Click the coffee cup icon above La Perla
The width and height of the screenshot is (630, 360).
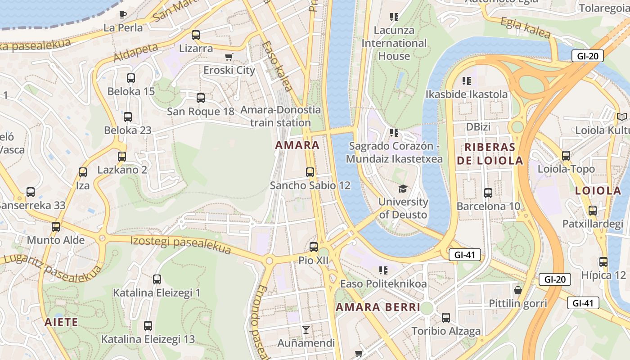[x=123, y=14]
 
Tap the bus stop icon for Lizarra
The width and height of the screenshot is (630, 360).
[x=196, y=35]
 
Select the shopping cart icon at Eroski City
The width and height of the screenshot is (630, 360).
[x=229, y=57]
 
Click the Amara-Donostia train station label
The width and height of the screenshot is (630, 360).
[x=281, y=116]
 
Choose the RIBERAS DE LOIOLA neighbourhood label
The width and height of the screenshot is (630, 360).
[x=490, y=153]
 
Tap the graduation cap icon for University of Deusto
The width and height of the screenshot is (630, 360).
[x=402, y=189]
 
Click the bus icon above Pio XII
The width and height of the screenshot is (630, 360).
[x=314, y=247]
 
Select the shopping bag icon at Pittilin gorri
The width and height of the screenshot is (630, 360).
[x=518, y=290]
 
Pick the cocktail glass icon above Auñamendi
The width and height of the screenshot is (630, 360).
[x=306, y=329]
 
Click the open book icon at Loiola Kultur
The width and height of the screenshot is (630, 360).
[x=622, y=117]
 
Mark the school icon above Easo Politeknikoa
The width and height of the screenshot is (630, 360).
[x=383, y=270]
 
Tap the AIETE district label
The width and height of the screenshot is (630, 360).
[x=61, y=322]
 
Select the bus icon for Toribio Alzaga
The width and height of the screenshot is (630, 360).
[x=446, y=318]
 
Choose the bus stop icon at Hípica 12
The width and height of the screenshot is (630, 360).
[x=603, y=262]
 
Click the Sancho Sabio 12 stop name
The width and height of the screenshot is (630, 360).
[x=310, y=185]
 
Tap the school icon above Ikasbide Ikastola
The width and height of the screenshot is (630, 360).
[x=467, y=81]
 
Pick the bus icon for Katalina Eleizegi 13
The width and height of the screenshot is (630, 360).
[x=148, y=326]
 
